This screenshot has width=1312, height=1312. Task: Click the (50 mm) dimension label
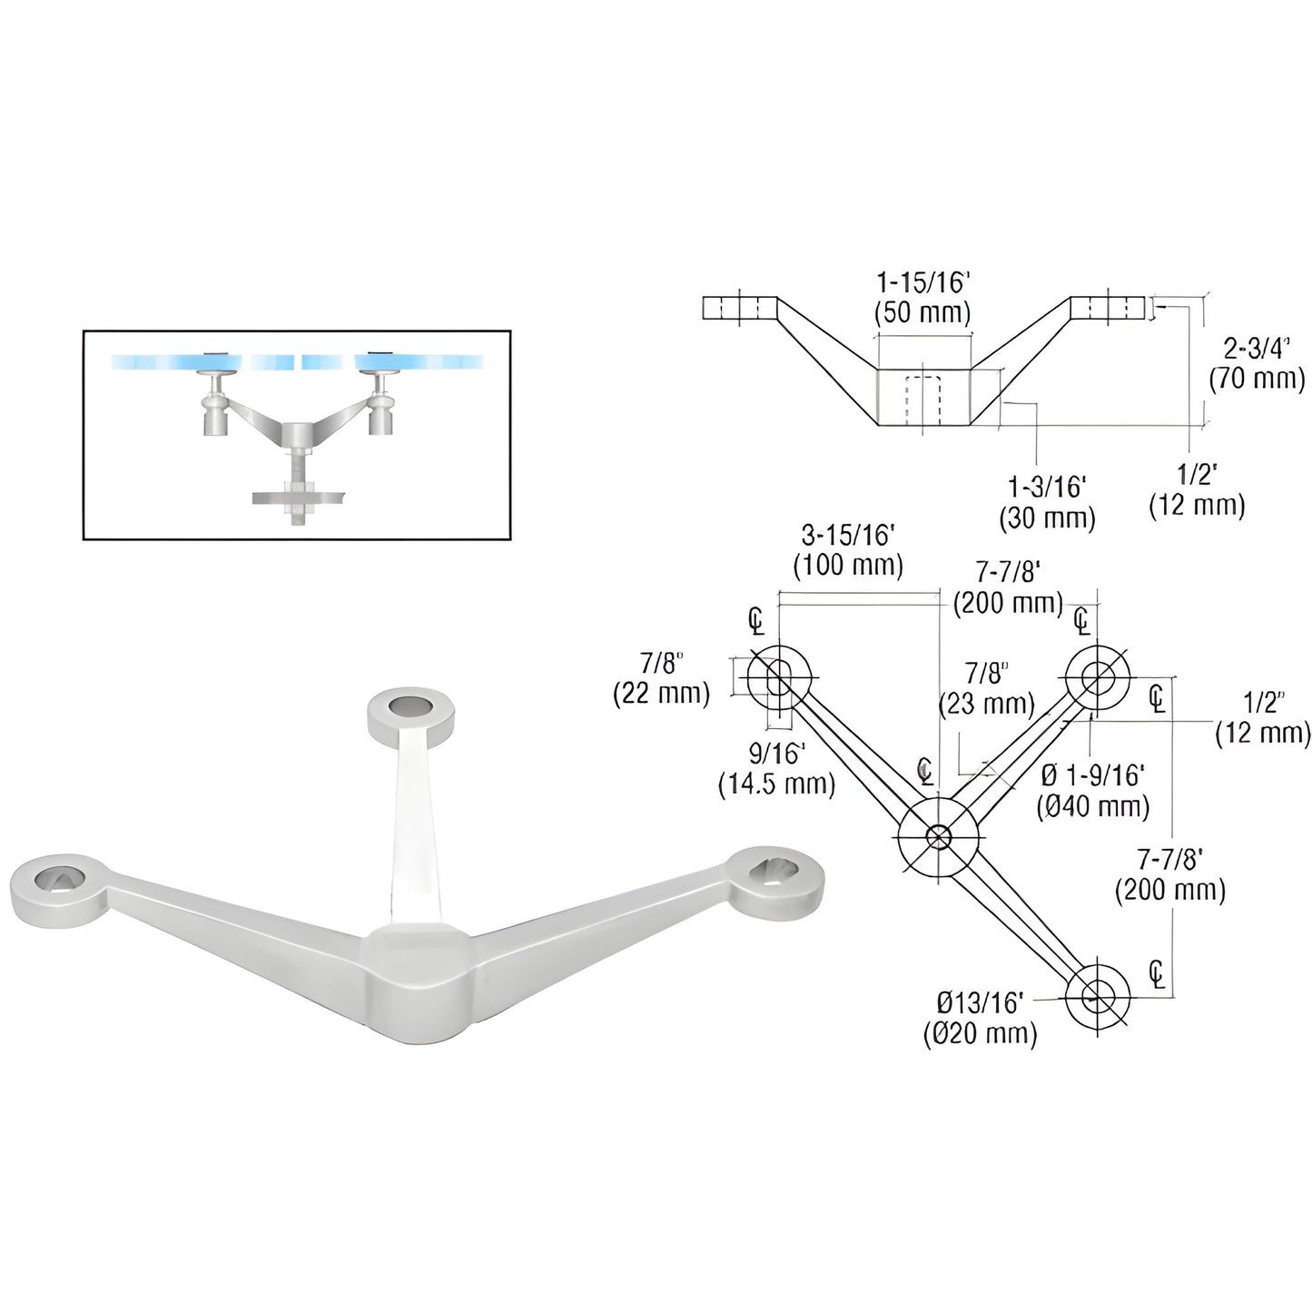tap(922, 313)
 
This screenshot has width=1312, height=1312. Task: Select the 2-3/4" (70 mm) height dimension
tap(1256, 364)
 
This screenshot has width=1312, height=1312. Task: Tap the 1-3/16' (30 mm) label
tap(1047, 502)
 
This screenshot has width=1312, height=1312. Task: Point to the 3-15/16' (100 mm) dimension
tap(848, 551)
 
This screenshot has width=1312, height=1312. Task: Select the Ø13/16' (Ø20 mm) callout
tap(980, 1018)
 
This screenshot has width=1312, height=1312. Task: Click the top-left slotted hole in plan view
tap(778, 676)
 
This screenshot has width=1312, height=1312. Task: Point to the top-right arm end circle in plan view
tap(1099, 676)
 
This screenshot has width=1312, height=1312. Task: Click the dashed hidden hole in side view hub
tap(923, 399)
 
